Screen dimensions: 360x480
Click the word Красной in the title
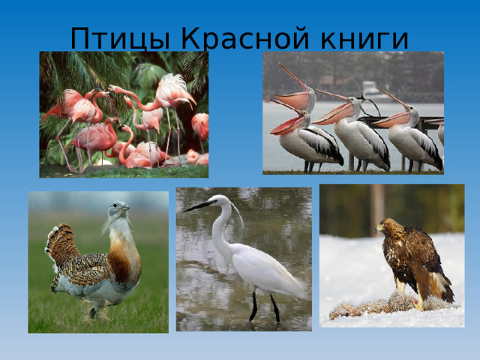pyautogui.click(x=231, y=37)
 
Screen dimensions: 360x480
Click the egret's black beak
pyautogui.click(x=198, y=205)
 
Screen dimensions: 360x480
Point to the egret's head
pyautogui.click(x=220, y=201)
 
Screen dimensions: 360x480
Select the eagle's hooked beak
pyautogui.click(x=379, y=226)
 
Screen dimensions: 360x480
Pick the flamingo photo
pyautogui.click(x=124, y=113)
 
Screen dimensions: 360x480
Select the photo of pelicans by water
pyautogui.click(x=352, y=112)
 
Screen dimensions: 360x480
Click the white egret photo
pyautogui.click(x=244, y=259)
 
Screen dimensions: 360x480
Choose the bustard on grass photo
pyautogui.click(x=97, y=262)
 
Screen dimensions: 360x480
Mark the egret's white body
pyautogui.click(x=262, y=266)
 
